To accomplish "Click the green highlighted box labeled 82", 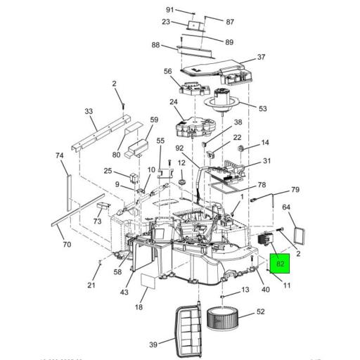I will point(281,264).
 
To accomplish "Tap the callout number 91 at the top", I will point(169,9).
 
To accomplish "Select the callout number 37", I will point(261,57).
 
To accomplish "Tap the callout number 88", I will point(155,46).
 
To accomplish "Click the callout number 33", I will point(89,111).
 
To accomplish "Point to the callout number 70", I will point(67,245).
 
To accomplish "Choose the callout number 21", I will point(91,284).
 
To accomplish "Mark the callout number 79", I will point(295,190).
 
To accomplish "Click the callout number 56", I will point(167,72).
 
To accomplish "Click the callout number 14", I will point(265,142).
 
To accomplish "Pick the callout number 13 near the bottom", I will point(245,290).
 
